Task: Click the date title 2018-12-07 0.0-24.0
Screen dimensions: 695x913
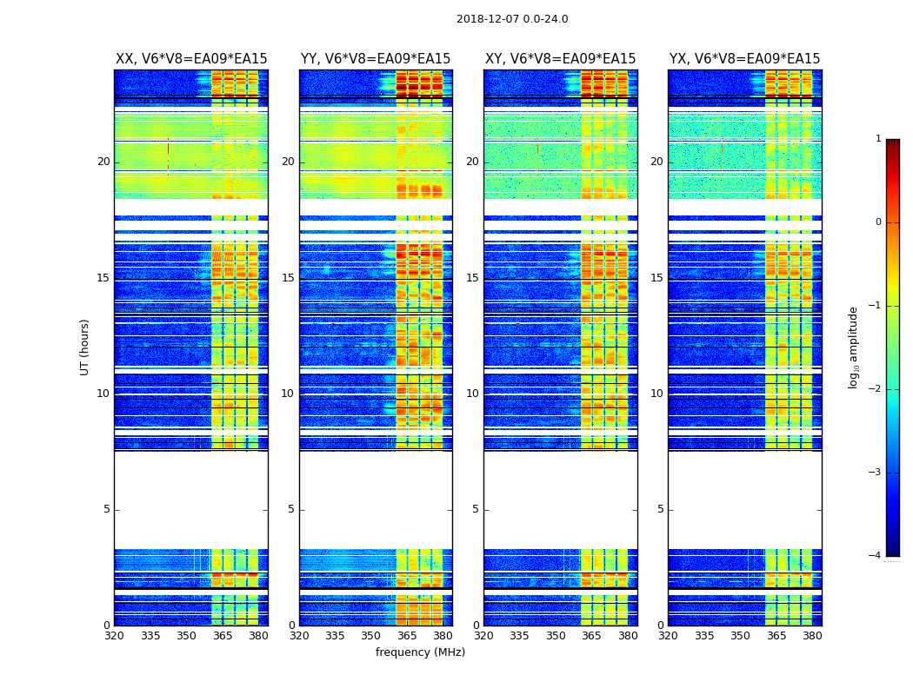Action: [x=512, y=19]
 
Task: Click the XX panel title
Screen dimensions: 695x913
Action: [x=191, y=59]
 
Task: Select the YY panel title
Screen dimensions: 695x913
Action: [x=376, y=59]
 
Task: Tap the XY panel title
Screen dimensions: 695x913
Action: [x=560, y=59]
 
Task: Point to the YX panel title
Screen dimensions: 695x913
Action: [x=744, y=59]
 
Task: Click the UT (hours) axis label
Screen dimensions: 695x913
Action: [x=85, y=347]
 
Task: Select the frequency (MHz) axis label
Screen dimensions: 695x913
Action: [x=420, y=652]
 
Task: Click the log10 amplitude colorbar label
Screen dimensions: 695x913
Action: [x=854, y=347]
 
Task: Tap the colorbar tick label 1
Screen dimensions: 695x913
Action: [x=878, y=139]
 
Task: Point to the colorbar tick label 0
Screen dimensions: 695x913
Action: [x=878, y=222]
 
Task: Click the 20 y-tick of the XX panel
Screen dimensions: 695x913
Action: [x=103, y=162]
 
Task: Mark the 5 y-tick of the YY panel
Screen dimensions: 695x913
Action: [x=291, y=509]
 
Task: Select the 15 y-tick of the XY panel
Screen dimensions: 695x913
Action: [x=472, y=278]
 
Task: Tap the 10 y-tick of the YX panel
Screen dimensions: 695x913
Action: [x=656, y=394]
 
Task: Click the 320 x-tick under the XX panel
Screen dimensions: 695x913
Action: [x=114, y=636]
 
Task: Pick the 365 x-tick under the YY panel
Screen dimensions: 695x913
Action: [x=407, y=636]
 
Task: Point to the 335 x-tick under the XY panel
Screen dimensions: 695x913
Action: [x=519, y=636]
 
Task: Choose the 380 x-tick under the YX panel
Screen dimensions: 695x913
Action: [x=812, y=636]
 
